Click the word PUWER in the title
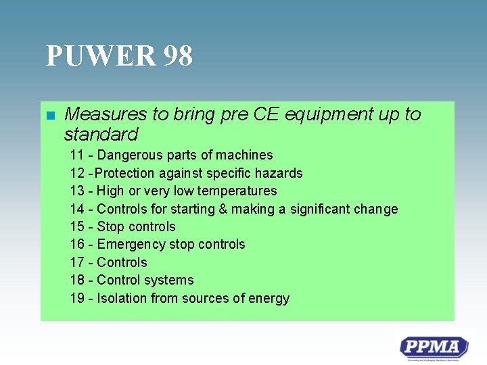coord(99,56)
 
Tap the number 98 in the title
coord(177,56)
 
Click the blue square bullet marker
coord(49,115)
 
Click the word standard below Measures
coord(101,133)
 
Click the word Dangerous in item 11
coord(127,155)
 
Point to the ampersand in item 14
coord(223,209)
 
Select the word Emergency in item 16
coord(130,245)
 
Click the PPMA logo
coord(434,348)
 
